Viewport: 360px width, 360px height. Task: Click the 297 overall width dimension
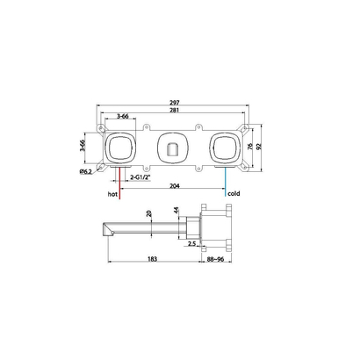tap(175, 103)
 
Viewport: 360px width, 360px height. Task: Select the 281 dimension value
tap(175, 110)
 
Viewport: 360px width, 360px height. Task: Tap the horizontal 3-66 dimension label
tap(123, 116)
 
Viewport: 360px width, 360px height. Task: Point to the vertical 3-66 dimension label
tap(83, 146)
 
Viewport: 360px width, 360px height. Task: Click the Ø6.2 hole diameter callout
tap(86, 172)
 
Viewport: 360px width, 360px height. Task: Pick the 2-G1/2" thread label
tap(140, 177)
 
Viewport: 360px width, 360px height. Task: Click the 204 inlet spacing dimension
tap(175, 185)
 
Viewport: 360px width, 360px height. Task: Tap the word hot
tap(112, 194)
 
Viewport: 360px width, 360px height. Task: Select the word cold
tap(234, 193)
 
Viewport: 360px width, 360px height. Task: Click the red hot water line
tap(119, 183)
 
